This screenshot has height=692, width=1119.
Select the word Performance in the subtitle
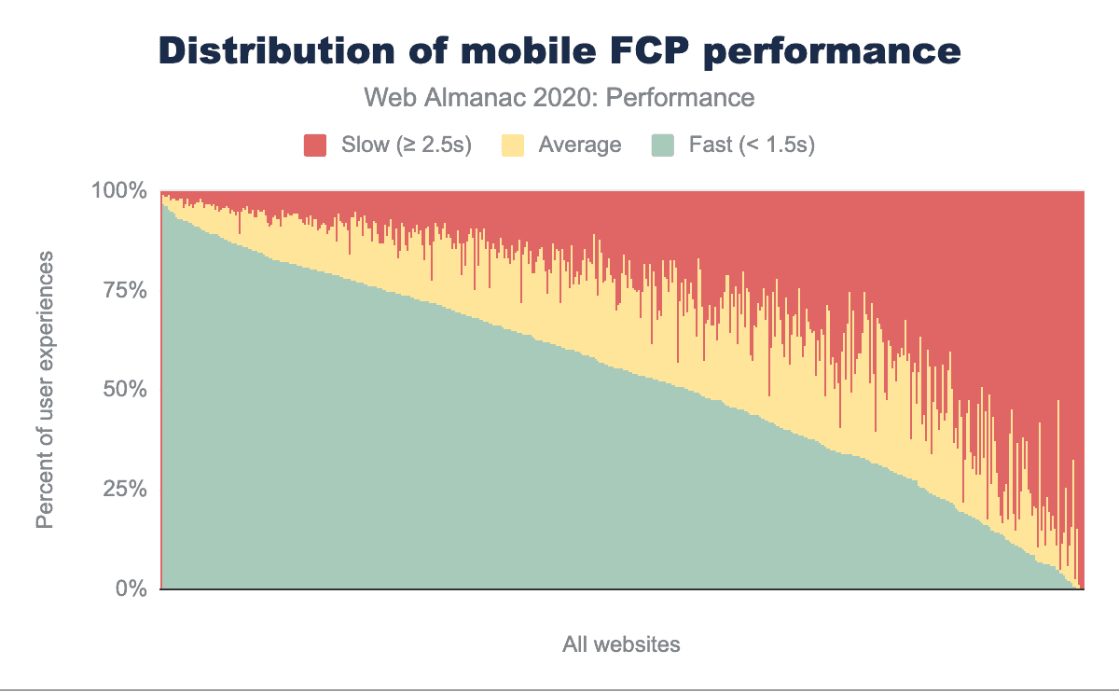click(681, 97)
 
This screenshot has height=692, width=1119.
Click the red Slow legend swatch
click(315, 145)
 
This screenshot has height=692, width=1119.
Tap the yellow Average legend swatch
click(513, 145)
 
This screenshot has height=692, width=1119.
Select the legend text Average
click(580, 145)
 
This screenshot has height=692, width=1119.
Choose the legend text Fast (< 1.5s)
click(752, 145)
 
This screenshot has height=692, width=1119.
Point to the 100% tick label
click(119, 191)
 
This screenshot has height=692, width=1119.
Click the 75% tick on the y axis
click(125, 290)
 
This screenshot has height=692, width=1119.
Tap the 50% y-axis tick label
click(125, 390)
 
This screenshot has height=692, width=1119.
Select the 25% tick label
click(125, 490)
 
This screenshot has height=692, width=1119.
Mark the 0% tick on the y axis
click(131, 589)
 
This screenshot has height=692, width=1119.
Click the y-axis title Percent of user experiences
click(45, 390)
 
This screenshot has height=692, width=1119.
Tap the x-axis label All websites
click(621, 644)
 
